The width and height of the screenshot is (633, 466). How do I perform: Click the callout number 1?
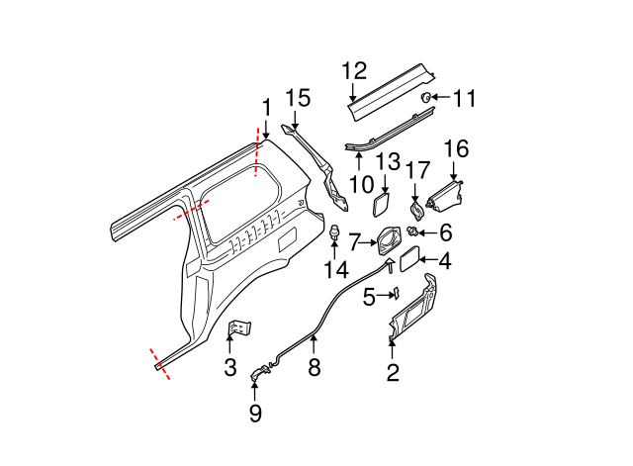(x=265, y=106)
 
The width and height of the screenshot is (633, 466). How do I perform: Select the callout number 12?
(x=354, y=70)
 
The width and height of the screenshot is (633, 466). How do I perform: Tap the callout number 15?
(x=298, y=98)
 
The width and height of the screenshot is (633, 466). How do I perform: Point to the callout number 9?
(x=255, y=414)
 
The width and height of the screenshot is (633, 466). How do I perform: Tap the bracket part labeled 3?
(x=239, y=328)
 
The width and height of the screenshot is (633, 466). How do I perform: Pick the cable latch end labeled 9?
(x=259, y=374)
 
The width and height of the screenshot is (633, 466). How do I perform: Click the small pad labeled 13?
(x=379, y=204)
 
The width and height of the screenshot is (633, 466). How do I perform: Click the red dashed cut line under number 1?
(x=258, y=153)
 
